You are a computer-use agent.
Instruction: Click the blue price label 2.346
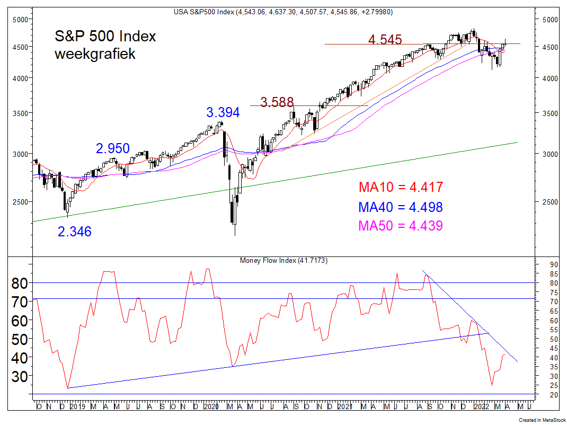75,232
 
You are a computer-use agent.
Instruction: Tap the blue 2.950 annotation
113,149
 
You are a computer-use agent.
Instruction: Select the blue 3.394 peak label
223,113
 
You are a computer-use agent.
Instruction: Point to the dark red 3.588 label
276,102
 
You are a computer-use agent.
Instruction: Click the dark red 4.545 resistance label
385,40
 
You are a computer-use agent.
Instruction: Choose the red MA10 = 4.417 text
401,188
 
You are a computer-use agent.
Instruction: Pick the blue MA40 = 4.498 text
401,207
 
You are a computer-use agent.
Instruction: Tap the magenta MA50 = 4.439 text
401,226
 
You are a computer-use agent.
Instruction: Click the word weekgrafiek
95,54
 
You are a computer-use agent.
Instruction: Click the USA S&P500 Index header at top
283,12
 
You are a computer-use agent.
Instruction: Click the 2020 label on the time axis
210,407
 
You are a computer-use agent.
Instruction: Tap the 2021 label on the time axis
344,407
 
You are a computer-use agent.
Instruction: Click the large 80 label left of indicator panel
19,283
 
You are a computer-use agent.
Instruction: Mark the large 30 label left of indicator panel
19,376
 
